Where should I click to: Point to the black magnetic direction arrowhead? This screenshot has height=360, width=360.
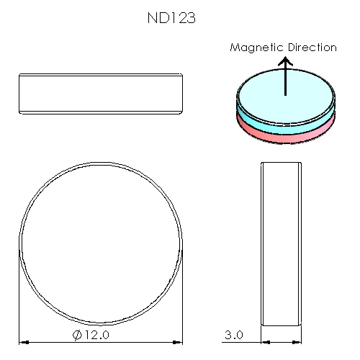point(285,63)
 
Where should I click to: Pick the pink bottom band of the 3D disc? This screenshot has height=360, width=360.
point(285,132)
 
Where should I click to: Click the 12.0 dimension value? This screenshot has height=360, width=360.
point(96,335)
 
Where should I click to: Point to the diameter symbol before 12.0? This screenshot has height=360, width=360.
point(77,335)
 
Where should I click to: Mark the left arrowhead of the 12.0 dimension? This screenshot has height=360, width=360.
point(22,342)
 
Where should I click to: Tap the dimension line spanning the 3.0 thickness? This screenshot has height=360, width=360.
point(281,342)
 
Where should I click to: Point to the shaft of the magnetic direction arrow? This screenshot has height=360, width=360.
point(285,83)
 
